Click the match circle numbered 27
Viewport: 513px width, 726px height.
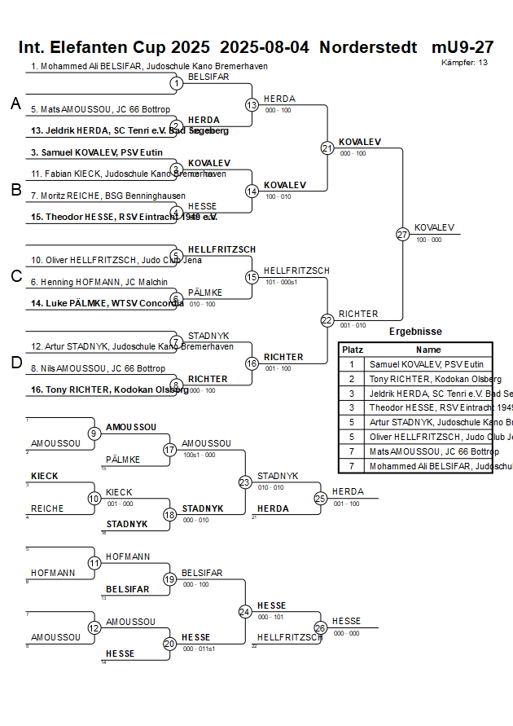tap(402, 234)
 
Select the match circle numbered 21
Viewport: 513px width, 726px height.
tap(327, 147)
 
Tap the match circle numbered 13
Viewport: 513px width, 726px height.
tap(252, 104)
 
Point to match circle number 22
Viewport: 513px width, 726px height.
tap(327, 320)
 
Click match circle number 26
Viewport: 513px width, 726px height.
tap(321, 627)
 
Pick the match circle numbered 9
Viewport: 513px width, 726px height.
tap(94, 433)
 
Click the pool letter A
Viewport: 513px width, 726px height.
tap(15, 103)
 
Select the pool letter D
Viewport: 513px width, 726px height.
tap(15, 363)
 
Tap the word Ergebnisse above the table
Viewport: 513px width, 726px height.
tap(415, 332)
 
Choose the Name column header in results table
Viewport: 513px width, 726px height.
tap(428, 349)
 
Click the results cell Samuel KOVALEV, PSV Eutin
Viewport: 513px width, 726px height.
tap(426, 364)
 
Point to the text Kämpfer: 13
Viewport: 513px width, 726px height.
tap(465, 62)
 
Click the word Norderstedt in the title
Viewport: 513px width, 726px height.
tap(368, 47)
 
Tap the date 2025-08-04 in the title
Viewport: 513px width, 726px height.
tap(265, 47)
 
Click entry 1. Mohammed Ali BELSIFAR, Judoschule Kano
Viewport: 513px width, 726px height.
tap(149, 66)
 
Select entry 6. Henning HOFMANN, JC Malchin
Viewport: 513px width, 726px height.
tap(99, 282)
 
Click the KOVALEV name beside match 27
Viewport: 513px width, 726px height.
tap(434, 227)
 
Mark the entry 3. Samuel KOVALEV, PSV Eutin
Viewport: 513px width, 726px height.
tap(97, 152)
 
